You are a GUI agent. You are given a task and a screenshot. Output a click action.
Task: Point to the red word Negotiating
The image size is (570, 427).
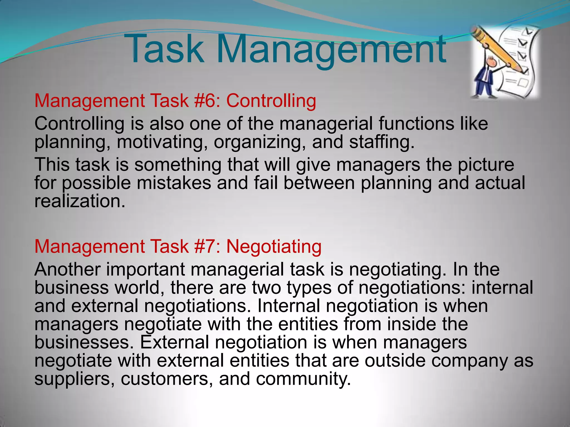(x=274, y=247)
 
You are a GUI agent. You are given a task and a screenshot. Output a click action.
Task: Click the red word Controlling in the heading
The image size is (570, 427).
(x=271, y=101)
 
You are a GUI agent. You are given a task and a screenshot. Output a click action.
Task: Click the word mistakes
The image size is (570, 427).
(x=174, y=183)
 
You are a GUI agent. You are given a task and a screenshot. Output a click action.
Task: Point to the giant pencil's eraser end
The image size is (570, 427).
(x=476, y=31)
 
